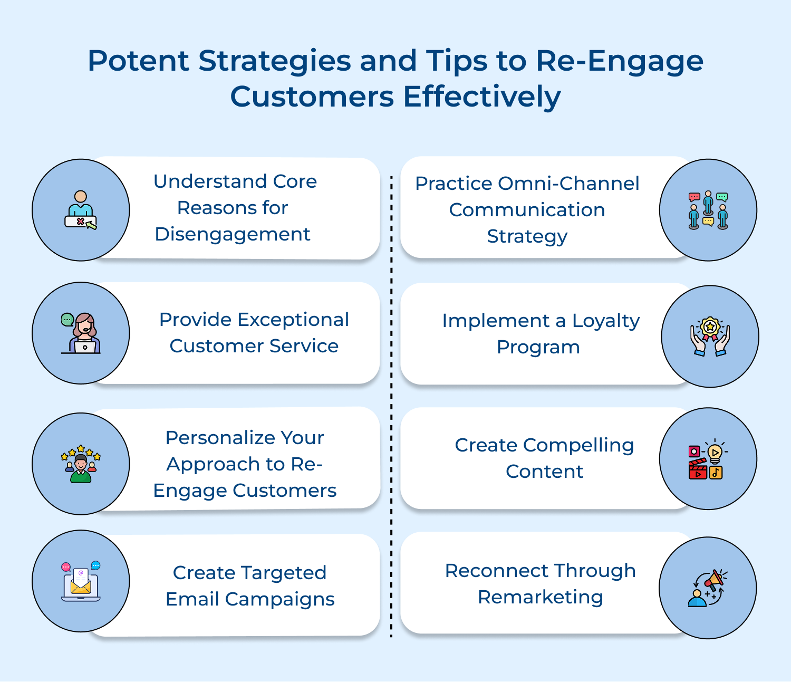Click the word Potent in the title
(138, 61)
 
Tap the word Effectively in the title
(482, 97)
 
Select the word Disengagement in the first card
(232, 234)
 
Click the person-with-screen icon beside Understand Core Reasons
(81, 210)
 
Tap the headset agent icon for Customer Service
(82, 333)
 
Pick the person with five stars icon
(81, 464)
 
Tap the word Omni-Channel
(568, 184)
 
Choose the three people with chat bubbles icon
(708, 210)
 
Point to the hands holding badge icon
(710, 337)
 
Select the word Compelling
(578, 445)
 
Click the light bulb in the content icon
(715, 453)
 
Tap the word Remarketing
(540, 597)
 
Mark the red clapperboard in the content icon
(698, 469)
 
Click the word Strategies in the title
(274, 62)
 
